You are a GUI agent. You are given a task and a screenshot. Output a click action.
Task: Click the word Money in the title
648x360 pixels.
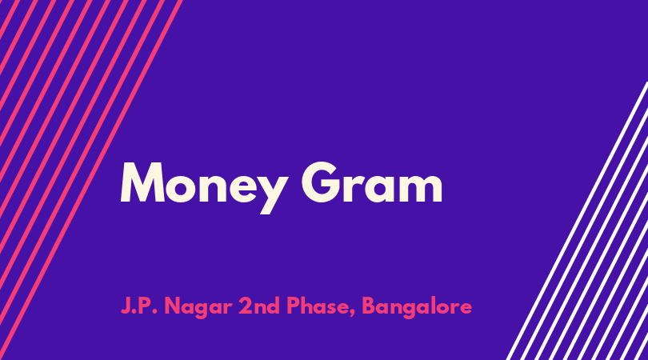[203, 187]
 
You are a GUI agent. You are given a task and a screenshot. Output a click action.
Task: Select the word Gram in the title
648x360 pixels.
[372, 182]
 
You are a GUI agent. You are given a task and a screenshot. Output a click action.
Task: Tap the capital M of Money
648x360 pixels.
[142, 182]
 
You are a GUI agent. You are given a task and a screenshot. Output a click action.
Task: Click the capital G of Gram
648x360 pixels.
[322, 182]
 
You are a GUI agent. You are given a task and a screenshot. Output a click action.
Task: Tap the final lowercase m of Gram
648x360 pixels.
[422, 188]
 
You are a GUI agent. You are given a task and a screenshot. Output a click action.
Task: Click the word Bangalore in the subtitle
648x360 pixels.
[417, 307]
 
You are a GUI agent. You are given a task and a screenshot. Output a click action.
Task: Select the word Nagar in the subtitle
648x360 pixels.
[198, 308]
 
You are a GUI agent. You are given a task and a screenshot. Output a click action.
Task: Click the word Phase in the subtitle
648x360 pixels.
[318, 306]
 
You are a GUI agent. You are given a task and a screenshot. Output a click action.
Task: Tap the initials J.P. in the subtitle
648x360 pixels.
[139, 306]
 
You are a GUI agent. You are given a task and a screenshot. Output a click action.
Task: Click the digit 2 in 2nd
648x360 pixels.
[244, 306]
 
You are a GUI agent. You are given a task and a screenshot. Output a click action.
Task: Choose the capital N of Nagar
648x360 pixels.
[172, 306]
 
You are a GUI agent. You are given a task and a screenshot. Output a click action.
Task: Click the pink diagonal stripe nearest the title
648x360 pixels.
[90, 180]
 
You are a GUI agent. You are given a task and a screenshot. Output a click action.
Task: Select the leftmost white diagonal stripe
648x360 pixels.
[578, 221]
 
